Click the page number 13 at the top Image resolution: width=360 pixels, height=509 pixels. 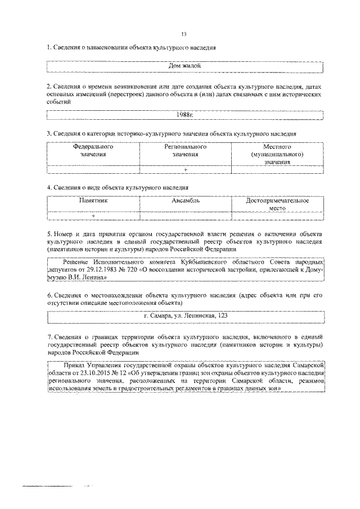(x=184, y=34)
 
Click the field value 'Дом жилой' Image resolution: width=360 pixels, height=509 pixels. (x=185, y=66)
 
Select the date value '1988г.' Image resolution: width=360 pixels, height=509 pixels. (x=185, y=115)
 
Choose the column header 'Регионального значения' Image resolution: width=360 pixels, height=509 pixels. (x=185, y=150)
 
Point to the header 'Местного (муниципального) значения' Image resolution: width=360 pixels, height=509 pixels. (x=278, y=154)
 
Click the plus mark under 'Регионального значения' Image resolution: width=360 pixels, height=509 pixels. (x=185, y=169)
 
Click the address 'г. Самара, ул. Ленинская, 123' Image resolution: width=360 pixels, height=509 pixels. (x=185, y=316)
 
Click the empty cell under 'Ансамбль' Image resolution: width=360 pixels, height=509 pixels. (x=185, y=215)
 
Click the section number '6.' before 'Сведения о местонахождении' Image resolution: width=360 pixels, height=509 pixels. (x=49, y=295)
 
